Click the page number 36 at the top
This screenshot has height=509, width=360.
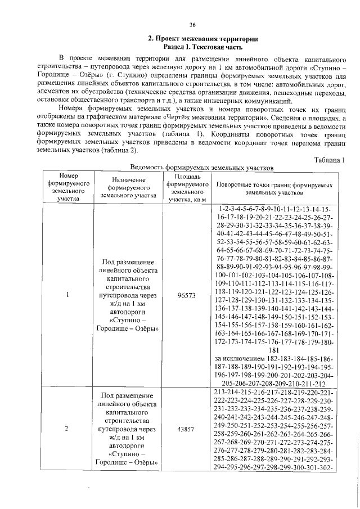point(192,25)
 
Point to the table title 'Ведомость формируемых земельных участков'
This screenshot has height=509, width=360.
point(201,168)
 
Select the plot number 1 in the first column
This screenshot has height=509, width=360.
point(67,295)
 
